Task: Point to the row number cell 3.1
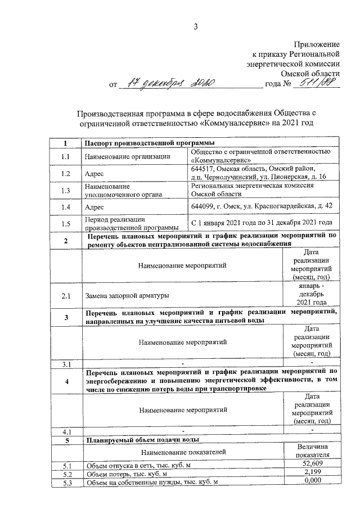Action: point(66,365)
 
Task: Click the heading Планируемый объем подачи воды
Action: point(141,440)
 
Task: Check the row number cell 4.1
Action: point(66,431)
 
